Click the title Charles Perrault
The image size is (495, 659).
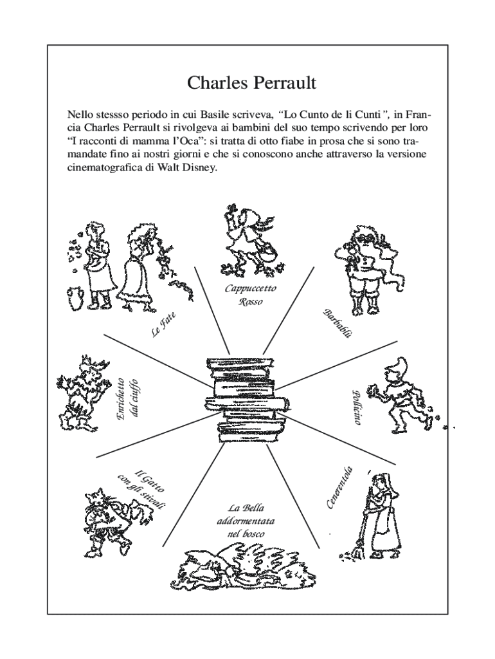coord(251,83)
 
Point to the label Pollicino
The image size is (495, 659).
coord(356,407)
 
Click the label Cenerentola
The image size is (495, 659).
coord(341,487)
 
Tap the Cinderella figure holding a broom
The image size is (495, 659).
coord(379,515)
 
